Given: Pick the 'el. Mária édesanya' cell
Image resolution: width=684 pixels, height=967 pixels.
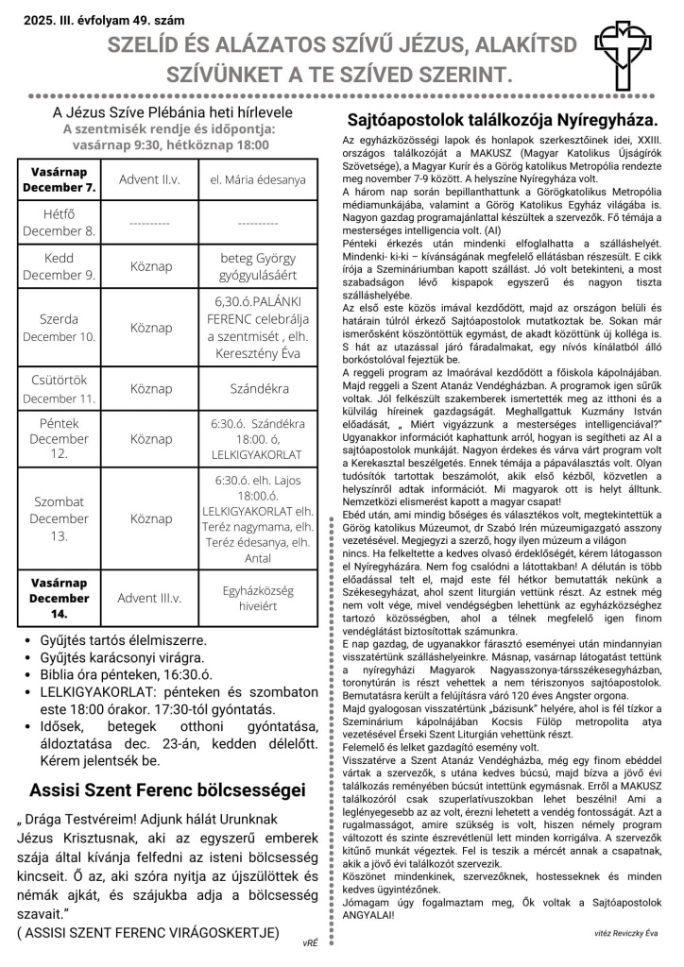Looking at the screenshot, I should (257, 178).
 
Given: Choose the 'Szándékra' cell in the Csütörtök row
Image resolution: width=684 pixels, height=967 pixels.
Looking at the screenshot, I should (257, 388).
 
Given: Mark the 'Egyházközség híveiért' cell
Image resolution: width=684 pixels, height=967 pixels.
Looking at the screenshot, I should (257, 597).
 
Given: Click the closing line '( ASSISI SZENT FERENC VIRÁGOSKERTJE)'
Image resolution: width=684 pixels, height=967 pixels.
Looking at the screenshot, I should (147, 932).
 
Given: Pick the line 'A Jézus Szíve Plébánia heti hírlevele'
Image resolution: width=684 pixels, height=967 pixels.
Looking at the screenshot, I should (166, 112).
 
